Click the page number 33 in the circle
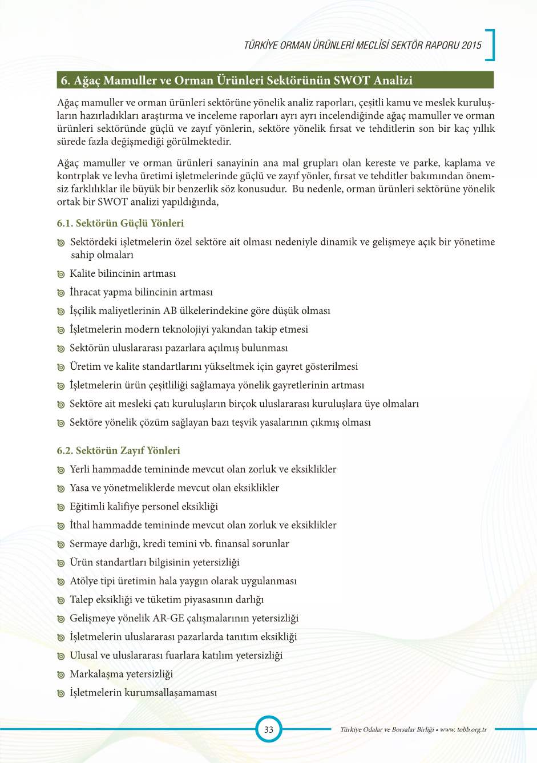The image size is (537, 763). (x=268, y=729)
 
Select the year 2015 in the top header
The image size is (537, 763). (x=472, y=46)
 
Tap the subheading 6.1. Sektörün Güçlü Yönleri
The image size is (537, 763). (x=120, y=223)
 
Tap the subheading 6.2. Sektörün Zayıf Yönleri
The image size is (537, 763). (x=118, y=450)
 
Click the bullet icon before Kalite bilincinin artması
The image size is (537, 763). (x=60, y=274)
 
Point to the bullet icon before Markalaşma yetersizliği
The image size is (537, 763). (x=60, y=675)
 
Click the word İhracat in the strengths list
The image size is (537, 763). (x=84, y=292)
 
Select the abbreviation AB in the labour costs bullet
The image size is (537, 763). (x=170, y=311)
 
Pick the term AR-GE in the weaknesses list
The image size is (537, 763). (x=168, y=618)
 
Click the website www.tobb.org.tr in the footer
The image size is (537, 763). (x=463, y=729)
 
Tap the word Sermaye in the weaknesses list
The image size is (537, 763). (x=88, y=544)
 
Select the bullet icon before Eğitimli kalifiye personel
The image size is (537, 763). (x=60, y=507)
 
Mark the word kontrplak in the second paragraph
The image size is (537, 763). (x=78, y=176)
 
